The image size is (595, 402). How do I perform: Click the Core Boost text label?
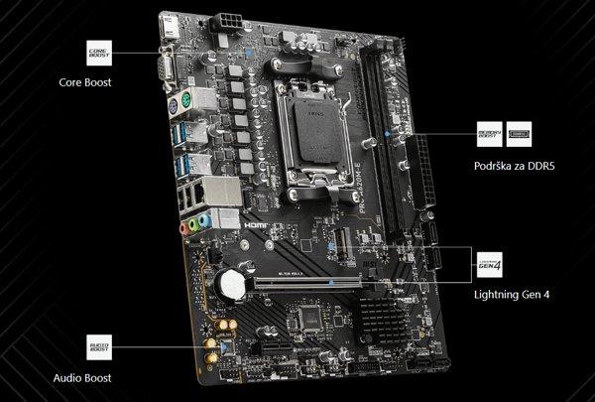[x=85, y=83]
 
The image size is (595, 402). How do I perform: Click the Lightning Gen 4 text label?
[x=512, y=294]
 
